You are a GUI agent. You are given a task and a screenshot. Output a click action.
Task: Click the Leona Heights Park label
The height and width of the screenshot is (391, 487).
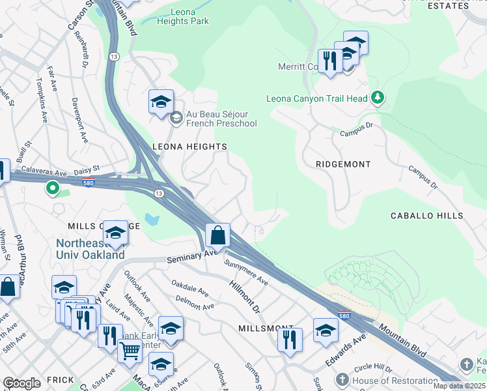tap(183, 16)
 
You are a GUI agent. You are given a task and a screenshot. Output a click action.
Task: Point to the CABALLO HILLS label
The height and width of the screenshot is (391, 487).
tap(426, 216)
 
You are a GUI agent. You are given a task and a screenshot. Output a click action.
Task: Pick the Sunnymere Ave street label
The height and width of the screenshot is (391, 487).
tap(246, 272)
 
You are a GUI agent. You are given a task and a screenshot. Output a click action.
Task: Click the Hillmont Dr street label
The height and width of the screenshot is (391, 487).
tap(245, 295)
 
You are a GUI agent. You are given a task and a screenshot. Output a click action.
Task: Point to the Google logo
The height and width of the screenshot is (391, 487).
tap(21, 383)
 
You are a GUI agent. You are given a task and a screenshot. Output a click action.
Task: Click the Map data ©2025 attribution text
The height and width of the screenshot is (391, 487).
tap(459, 386)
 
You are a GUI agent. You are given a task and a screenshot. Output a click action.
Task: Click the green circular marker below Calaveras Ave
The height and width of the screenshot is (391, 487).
tap(52, 189)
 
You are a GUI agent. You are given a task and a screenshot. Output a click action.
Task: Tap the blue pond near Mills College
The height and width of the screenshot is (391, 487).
tap(152, 219)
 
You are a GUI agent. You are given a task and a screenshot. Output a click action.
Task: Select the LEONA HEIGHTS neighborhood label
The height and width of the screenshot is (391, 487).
tap(189, 147)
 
